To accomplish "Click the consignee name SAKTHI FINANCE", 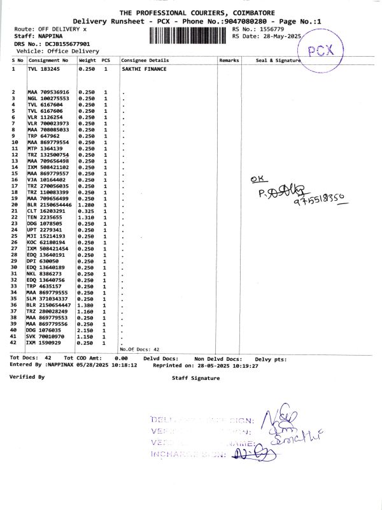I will (x=143, y=68).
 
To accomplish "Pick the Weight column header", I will (x=87, y=60).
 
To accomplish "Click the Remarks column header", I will (x=229, y=60).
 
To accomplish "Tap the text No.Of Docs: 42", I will (x=139, y=349).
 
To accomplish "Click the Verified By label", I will (x=27, y=377).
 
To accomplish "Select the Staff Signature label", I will (x=195, y=378).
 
